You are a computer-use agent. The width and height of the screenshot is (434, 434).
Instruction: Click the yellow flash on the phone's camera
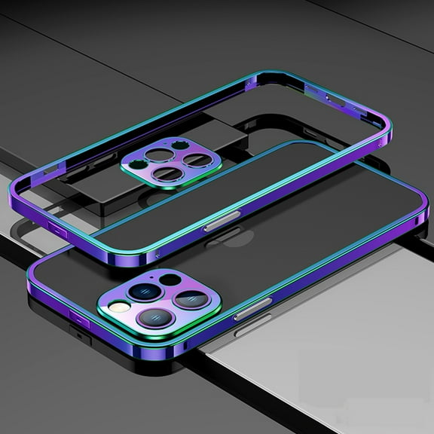pos(118,307)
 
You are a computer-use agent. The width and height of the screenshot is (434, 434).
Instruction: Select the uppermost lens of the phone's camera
pos(144,291)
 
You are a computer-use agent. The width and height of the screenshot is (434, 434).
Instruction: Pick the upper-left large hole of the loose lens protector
pos(159,154)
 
